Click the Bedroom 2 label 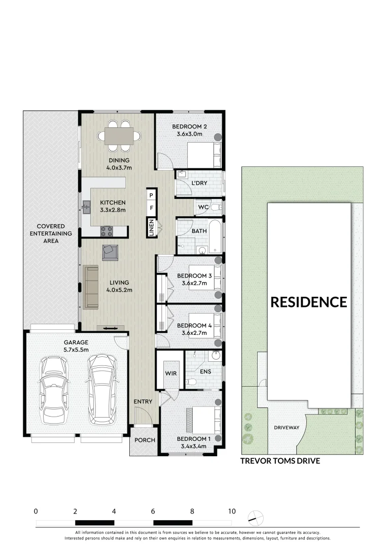click(189, 127)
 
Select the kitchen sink click(86, 207)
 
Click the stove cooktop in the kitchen click(107, 231)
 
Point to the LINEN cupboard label click(151, 227)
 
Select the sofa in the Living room click(91, 287)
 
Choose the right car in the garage click(101, 390)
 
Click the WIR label click(170, 373)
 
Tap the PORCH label click(145, 440)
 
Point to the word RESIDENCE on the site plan click(308, 302)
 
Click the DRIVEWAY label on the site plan click(287, 427)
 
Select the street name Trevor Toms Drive click(280, 461)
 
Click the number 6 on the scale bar click(153, 511)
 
